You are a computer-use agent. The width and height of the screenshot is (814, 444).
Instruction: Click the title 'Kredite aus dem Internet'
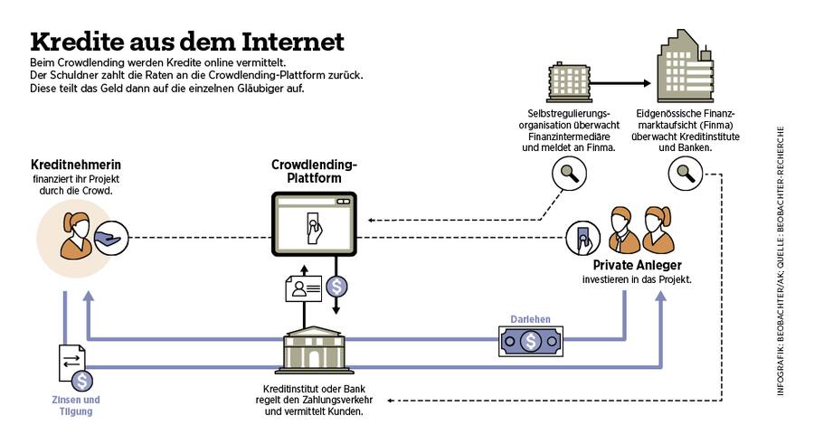[x=187, y=43]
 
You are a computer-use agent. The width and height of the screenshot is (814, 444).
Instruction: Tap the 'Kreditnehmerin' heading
[x=76, y=165]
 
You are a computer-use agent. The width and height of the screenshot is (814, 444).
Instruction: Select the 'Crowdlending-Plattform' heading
[x=315, y=172]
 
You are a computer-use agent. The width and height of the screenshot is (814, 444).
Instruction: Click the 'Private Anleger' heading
[x=637, y=266]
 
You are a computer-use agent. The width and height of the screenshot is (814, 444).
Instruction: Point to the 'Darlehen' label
[x=530, y=319]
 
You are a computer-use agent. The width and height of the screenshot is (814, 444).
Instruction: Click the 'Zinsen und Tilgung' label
[x=72, y=405]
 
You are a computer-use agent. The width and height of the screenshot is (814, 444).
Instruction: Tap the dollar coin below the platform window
[x=336, y=287]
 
